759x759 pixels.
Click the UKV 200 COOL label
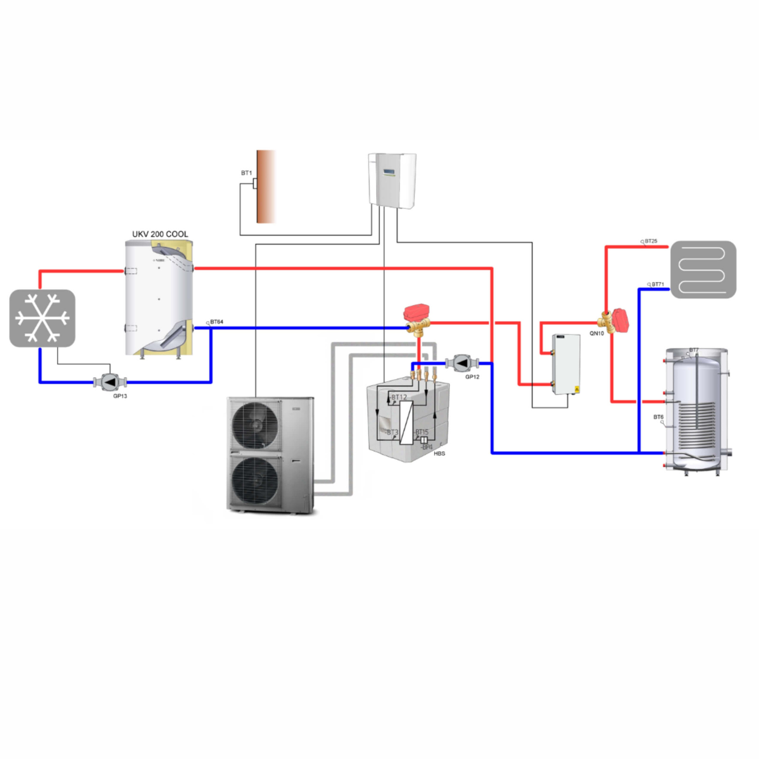(x=160, y=234)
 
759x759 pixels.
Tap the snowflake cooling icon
(x=42, y=318)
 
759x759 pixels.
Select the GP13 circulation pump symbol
(x=110, y=382)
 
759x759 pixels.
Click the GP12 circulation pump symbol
(x=462, y=363)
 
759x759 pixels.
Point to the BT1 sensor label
(x=246, y=173)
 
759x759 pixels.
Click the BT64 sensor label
(x=216, y=322)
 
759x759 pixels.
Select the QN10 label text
(x=596, y=333)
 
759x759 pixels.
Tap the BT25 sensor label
(x=651, y=241)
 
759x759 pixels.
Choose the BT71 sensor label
(x=657, y=284)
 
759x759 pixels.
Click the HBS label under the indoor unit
(x=439, y=454)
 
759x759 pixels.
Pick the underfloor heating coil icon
(x=703, y=269)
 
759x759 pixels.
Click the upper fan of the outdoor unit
(x=255, y=425)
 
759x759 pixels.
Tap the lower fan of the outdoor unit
(x=255, y=480)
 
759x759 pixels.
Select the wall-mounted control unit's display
(x=389, y=172)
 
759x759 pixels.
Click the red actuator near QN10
(x=620, y=320)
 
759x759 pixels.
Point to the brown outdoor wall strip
(x=266, y=186)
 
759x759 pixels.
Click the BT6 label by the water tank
(x=658, y=417)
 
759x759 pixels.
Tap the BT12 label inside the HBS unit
(x=399, y=397)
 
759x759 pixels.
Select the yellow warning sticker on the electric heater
(x=577, y=389)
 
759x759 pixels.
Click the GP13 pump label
(x=120, y=396)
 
